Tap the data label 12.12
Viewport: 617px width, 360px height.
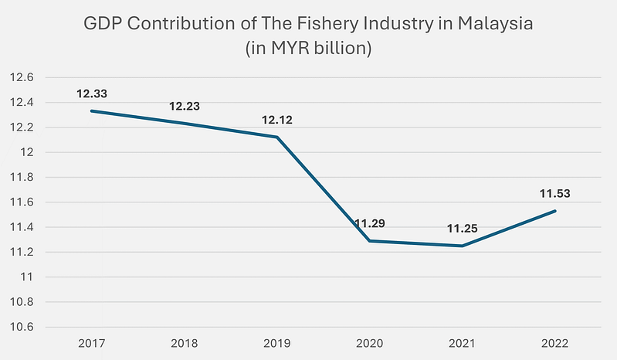pyautogui.click(x=276, y=121)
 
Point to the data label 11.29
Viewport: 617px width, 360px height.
pyautogui.click(x=369, y=224)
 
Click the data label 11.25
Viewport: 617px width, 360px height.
pyautogui.click(x=462, y=228)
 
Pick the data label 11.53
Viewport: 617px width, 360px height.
pyautogui.click(x=554, y=194)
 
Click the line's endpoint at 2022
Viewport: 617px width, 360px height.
pyautogui.click(x=554, y=211)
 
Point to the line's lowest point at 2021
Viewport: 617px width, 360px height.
pyautogui.click(x=462, y=246)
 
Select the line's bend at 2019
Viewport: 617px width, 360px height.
pyautogui.click(x=276, y=137)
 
